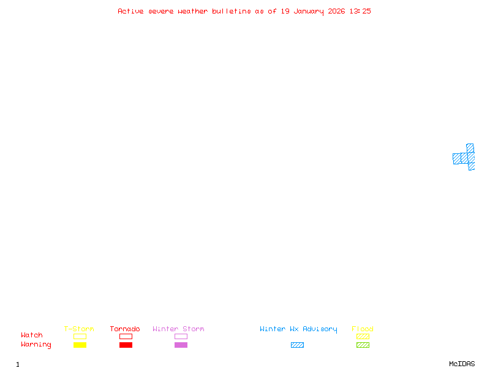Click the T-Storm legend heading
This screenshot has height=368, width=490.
[79, 329]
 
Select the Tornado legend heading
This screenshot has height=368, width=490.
[125, 329]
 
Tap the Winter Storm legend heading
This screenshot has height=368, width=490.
[178, 329]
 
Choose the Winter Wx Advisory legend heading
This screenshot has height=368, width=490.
[298, 329]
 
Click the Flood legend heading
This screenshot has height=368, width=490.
[363, 329]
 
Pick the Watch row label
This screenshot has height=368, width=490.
[32, 335]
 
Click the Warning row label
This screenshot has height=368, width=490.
[36, 345]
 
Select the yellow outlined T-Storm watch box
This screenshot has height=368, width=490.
[80, 336]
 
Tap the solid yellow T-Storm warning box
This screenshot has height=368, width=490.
[80, 345]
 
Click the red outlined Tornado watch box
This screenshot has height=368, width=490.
[126, 336]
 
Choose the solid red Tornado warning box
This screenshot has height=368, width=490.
[126, 345]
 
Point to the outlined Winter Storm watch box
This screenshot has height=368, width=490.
[181, 336]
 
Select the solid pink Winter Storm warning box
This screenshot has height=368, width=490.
[181, 345]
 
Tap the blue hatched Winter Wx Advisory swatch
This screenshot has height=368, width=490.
[297, 345]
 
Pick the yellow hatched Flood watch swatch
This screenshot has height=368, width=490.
[363, 336]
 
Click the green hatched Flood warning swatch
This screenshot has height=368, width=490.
[363, 345]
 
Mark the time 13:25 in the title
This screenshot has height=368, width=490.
[360, 11]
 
